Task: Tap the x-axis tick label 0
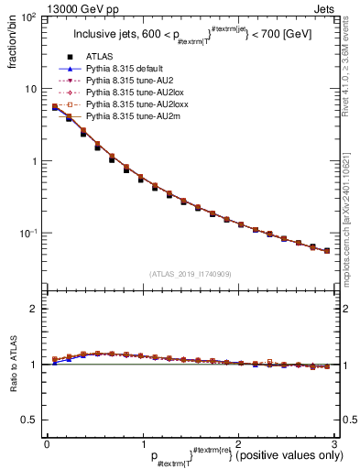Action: [x=46, y=444]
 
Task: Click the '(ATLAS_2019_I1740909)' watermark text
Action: [x=189, y=274]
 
